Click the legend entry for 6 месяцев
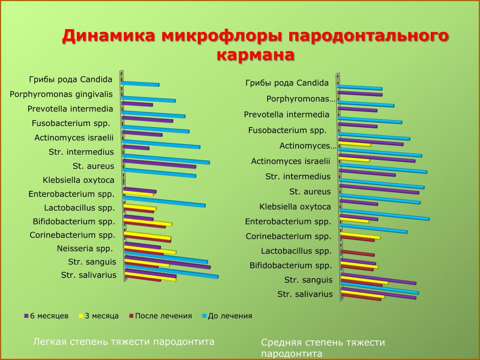pyautogui.click(x=46, y=316)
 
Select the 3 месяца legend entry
pyautogui.click(x=99, y=316)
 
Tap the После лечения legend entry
pyautogui.click(x=160, y=316)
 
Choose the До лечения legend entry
pyautogui.click(x=227, y=316)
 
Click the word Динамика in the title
pyautogui.click(x=109, y=36)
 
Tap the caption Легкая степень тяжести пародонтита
pyautogui.click(x=124, y=342)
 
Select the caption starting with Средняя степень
pyautogui.click(x=323, y=348)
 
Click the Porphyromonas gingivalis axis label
pyautogui.click(x=61, y=94)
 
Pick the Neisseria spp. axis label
pyautogui.click(x=85, y=248)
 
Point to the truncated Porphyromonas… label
pyautogui.click(x=301, y=99)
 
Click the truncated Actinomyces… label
pyautogui.click(x=307, y=146)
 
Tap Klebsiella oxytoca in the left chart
pyautogui.click(x=79, y=180)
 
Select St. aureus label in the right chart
pyautogui.click(x=310, y=192)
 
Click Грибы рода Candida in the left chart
pyautogui.click(x=71, y=80)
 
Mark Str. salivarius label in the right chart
pyautogui.click(x=305, y=294)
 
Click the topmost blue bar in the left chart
pyautogui.click(x=140, y=84)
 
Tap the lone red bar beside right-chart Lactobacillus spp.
pyautogui.click(x=358, y=253)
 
